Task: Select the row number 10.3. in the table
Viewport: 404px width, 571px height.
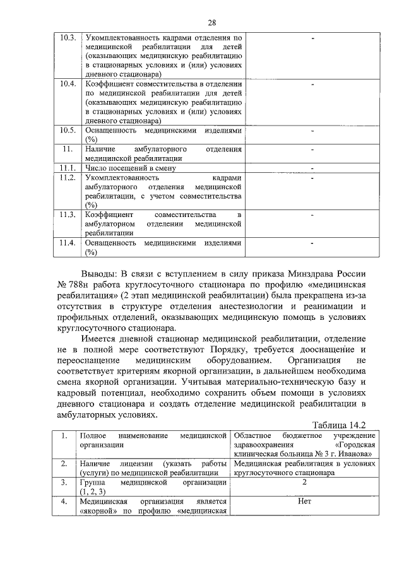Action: pos(68,38)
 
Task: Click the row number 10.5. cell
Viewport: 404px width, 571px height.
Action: pos(68,130)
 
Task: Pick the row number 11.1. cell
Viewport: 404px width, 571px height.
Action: pos(68,168)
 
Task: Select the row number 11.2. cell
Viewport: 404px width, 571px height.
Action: pos(68,179)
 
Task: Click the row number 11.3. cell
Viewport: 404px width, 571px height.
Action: pos(68,215)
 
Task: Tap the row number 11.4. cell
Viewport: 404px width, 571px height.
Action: pos(68,243)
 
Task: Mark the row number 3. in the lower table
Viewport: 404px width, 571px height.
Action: pos(64,483)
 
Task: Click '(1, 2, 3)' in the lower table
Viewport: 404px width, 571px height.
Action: pos(93,492)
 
